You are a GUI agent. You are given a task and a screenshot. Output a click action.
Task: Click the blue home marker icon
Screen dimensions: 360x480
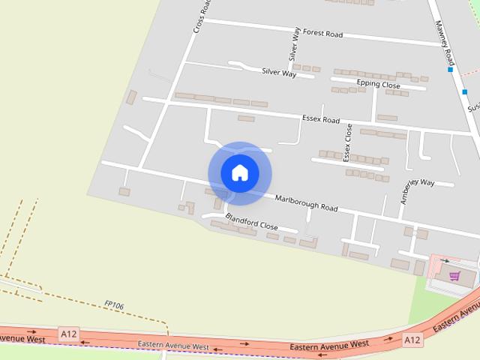[x=239, y=173]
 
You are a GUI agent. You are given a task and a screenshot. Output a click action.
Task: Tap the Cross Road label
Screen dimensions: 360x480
[x=199, y=16]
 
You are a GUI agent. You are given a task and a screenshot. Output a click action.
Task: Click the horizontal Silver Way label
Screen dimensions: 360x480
[x=279, y=72]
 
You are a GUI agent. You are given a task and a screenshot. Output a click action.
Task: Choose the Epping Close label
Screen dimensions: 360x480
[x=379, y=85]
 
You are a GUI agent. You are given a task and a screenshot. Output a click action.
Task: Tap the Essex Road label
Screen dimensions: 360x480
[x=321, y=120]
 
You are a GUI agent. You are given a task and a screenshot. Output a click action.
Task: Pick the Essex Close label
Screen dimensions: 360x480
[x=347, y=142]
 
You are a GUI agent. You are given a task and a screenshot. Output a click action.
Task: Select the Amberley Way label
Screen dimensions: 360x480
[x=417, y=191]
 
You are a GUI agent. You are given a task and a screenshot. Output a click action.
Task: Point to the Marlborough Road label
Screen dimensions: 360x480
[x=306, y=203]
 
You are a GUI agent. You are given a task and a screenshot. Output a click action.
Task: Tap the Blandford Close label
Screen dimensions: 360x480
[x=251, y=221]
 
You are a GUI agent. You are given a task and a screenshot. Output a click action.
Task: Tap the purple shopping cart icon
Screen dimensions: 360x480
[x=454, y=276]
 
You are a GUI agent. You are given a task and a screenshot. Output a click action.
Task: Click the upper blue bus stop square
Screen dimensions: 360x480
[x=450, y=69]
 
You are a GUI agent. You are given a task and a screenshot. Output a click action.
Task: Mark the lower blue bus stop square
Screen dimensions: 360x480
[x=465, y=92]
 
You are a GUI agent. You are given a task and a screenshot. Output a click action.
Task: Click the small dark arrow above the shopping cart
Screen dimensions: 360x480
[x=444, y=262]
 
